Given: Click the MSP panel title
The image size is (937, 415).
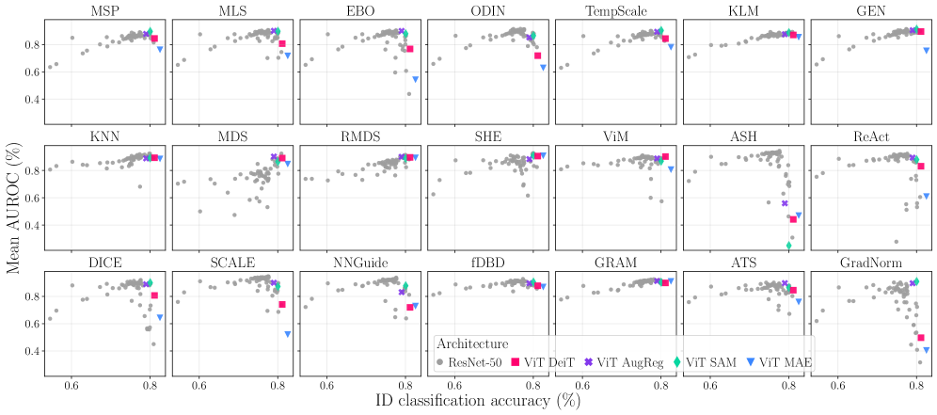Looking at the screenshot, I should [104, 11].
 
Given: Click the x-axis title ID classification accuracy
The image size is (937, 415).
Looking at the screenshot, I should [467, 400].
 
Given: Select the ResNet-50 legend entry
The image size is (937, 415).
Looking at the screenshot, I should [474, 362].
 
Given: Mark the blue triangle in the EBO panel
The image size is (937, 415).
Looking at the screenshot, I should [415, 80].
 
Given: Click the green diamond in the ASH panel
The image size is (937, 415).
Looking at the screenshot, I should [788, 246].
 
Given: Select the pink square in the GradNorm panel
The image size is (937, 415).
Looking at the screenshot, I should [921, 337].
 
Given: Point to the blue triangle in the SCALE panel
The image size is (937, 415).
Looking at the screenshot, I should [287, 334].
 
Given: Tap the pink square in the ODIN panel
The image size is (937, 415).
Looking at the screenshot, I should [537, 56].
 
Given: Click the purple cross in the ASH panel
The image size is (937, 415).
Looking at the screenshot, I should [785, 203].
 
